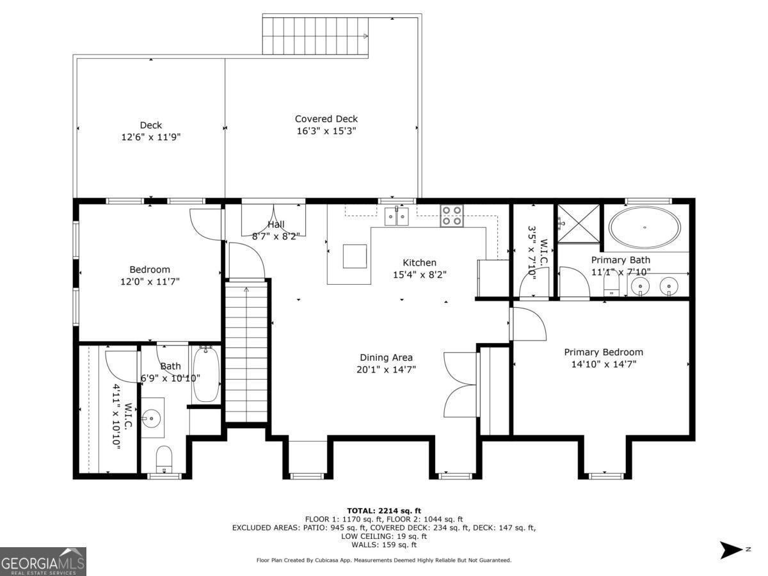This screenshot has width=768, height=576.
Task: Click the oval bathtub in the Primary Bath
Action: coord(644,228)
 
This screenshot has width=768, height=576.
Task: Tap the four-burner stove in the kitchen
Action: coord(452,216)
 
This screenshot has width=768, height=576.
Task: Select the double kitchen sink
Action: coord(396,216)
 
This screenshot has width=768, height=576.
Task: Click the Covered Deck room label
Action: coord(326,119)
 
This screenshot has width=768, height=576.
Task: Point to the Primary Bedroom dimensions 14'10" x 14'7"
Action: coord(604,364)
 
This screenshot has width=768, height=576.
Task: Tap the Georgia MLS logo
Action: coord(43,561)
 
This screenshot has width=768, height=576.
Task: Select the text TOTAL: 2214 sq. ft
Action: coord(384,511)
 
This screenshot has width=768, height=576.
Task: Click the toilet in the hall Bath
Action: coord(164,459)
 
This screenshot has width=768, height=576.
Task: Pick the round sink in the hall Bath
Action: coord(151,417)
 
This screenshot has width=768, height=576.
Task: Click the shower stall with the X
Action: coord(578,223)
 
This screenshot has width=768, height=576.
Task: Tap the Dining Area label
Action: coord(386,357)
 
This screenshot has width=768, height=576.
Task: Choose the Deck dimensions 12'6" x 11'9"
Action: coord(151,137)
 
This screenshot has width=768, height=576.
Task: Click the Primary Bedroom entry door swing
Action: coord(527,323)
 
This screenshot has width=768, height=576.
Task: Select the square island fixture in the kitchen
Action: coord(355,257)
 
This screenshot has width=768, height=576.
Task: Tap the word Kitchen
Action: coord(419,262)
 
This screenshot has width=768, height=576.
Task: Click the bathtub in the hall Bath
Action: coord(206,374)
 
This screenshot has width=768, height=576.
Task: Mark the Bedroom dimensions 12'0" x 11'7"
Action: coord(150,282)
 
